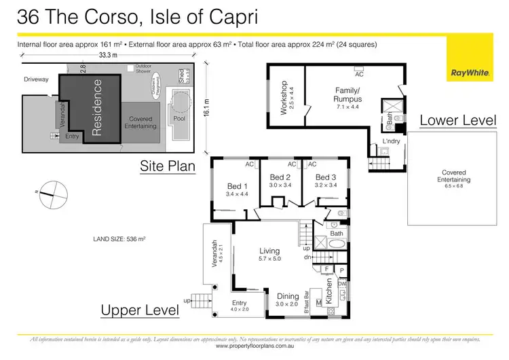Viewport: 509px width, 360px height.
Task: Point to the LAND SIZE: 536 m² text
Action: (x=119, y=239)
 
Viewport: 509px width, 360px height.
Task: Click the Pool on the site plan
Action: (x=179, y=118)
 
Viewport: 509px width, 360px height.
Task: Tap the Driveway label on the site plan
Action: (x=36, y=79)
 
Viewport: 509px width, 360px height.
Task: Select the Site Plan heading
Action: (x=168, y=165)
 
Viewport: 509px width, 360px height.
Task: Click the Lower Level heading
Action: (x=457, y=120)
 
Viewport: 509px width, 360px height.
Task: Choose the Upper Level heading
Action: (x=140, y=310)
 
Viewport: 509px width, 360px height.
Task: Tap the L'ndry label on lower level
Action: (x=390, y=141)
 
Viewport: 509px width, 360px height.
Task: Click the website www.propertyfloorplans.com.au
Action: (x=254, y=346)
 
